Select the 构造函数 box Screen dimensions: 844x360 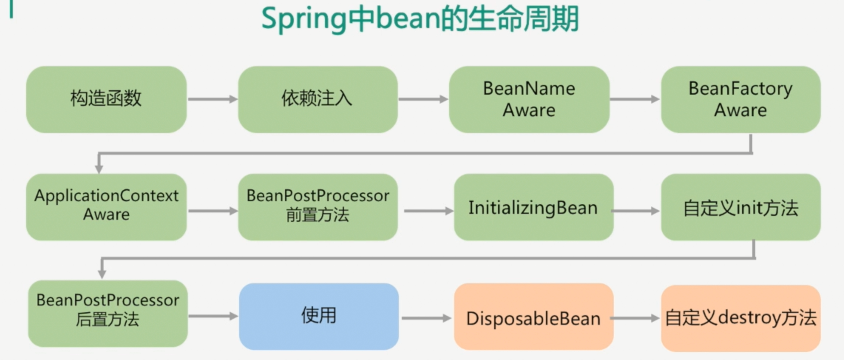(x=106, y=99)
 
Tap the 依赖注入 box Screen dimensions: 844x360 (x=317, y=99)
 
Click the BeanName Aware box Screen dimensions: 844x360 (x=529, y=99)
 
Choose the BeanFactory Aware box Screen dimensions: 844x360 (x=740, y=99)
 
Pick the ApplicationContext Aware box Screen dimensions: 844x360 (x=106, y=207)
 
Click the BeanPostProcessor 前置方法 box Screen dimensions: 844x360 (x=317, y=207)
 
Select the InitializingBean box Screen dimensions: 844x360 (x=533, y=207)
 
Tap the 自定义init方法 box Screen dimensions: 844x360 (x=740, y=207)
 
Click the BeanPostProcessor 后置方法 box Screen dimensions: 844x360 (x=107, y=313)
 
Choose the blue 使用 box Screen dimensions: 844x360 (x=318, y=316)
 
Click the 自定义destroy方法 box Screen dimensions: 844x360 (x=740, y=318)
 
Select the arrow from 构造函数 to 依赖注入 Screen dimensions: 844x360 (x=212, y=99)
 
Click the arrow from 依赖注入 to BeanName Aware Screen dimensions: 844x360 (x=423, y=99)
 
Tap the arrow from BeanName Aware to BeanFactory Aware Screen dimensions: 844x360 (x=634, y=99)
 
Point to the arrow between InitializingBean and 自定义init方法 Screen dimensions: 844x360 (x=636, y=211)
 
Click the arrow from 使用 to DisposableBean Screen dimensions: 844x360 (x=426, y=318)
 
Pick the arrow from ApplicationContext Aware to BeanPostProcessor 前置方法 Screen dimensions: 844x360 (x=212, y=211)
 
